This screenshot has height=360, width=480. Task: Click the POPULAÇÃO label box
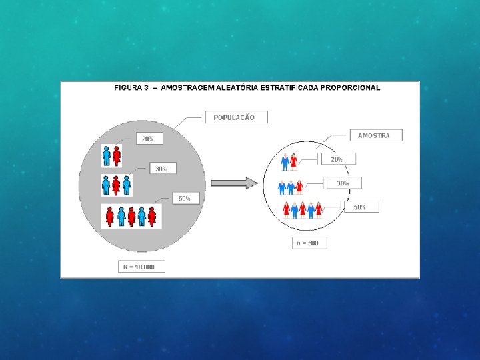click(x=234, y=117)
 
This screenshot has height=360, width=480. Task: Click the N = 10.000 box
click(x=141, y=267)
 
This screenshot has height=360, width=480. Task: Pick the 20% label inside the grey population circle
click(x=147, y=139)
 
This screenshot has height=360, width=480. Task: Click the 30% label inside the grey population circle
click(x=161, y=169)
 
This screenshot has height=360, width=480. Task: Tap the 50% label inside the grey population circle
click(x=184, y=198)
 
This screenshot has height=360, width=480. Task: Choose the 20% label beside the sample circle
click(x=338, y=159)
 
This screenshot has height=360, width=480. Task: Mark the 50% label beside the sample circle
click(x=360, y=207)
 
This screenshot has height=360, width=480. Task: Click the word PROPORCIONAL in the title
click(x=350, y=87)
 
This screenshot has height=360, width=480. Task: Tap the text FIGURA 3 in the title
click(x=131, y=87)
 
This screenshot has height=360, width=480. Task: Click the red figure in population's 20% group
click(x=117, y=156)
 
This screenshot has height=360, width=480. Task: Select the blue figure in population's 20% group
click(x=107, y=156)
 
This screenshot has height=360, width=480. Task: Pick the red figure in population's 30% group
click(x=116, y=185)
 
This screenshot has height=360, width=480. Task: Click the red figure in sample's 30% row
click(x=299, y=187)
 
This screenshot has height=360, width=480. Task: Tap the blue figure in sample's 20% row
click(x=285, y=162)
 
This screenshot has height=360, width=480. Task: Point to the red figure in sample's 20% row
click(x=293, y=162)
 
